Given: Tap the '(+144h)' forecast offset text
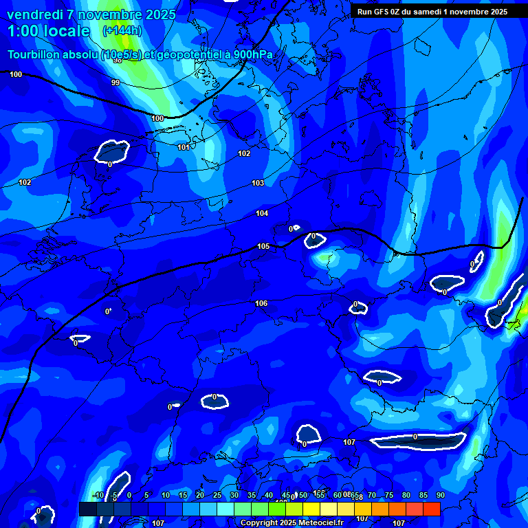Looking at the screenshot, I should [122, 31].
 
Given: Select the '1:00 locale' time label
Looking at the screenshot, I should [48, 31].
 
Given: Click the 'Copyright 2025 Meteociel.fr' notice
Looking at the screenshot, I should [291, 523].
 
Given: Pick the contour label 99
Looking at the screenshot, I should [115, 82].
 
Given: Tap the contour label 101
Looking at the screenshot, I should [184, 147].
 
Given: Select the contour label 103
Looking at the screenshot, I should [258, 183].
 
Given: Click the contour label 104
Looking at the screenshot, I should [262, 213].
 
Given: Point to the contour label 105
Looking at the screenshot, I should [263, 246].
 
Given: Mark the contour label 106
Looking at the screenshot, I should [261, 303].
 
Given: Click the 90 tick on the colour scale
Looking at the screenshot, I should [440, 496].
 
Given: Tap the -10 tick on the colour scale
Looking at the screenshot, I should [98, 496].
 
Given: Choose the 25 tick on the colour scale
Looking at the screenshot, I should [217, 496].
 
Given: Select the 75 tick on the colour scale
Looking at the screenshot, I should [388, 496].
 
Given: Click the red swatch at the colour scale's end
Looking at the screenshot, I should [432, 509].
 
